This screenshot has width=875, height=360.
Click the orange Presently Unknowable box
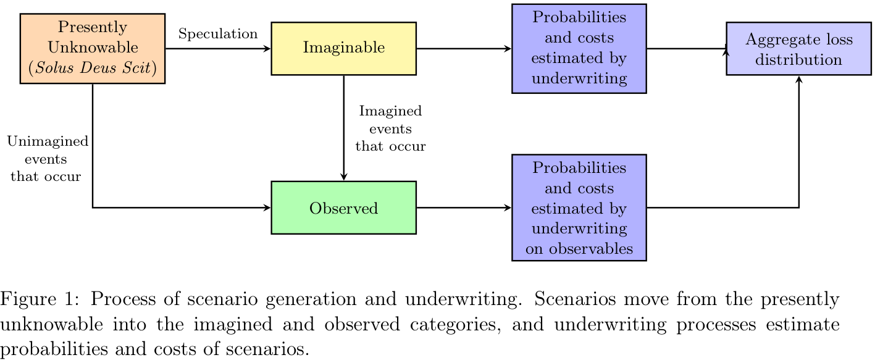(93, 48)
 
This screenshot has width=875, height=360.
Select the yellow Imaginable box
(343, 48)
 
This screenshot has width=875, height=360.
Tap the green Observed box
(343, 208)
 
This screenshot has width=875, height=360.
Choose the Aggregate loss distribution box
(798, 49)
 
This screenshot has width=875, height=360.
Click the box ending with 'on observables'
(579, 207)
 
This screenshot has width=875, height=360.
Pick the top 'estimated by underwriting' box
(579, 48)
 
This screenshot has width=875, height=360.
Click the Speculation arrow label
(218, 34)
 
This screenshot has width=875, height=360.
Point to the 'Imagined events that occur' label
(390, 129)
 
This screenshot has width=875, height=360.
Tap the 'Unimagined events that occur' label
(48, 159)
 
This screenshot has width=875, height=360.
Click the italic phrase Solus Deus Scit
(93, 68)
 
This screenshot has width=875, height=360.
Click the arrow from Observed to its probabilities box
(464, 208)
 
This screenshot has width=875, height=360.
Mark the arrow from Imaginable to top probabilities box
(464, 48)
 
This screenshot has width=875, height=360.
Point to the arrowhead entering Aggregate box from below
(799, 79)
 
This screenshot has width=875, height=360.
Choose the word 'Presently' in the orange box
(93, 27)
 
